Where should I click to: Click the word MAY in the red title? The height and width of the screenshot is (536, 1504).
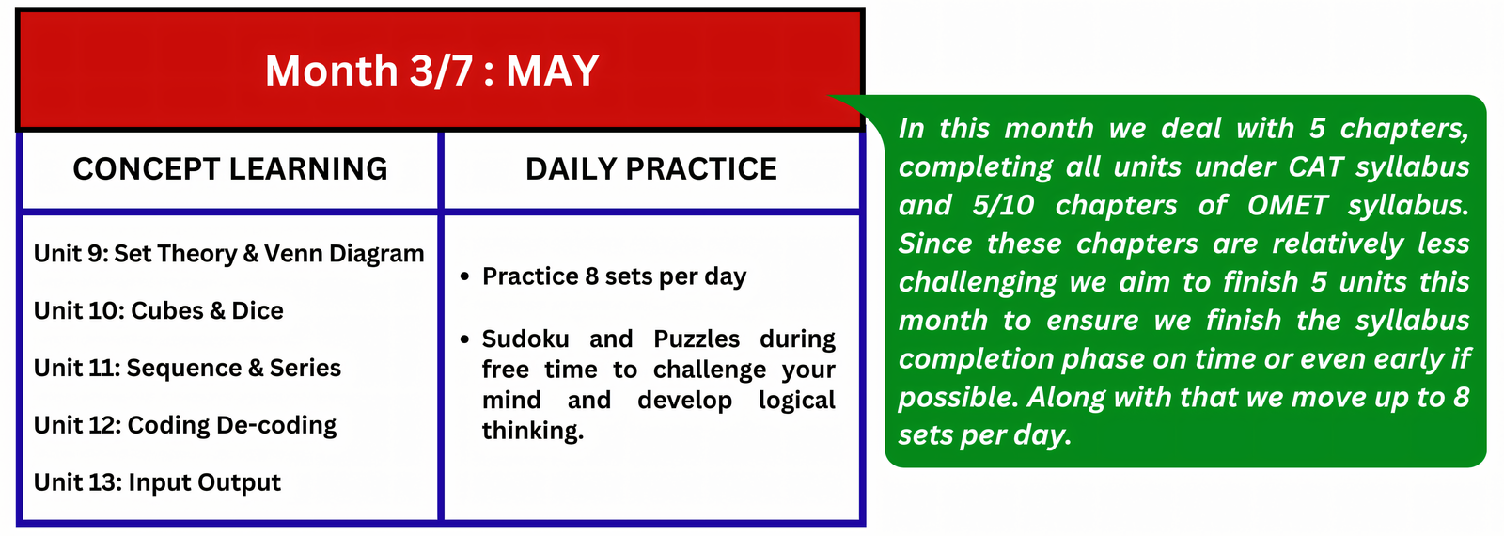click(552, 71)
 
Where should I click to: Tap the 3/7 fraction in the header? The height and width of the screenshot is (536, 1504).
click(441, 71)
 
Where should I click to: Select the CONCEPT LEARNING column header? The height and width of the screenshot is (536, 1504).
click(230, 168)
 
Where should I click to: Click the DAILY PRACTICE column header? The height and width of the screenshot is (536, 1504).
click(651, 168)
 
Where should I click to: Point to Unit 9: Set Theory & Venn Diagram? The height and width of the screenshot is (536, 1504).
click(229, 253)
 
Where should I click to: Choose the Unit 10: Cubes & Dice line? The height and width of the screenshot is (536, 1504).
click(159, 310)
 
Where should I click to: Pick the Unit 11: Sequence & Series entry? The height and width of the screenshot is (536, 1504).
click(187, 368)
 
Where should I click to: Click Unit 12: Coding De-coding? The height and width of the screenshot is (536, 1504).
click(185, 425)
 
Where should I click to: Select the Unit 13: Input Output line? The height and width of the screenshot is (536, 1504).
click(157, 482)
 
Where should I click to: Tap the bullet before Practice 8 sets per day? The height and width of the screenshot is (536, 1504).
click(464, 276)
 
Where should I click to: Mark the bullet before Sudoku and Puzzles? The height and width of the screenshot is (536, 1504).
click(464, 339)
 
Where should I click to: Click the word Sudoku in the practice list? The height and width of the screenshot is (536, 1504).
click(525, 339)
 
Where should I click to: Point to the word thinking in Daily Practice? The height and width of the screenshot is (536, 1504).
click(533, 431)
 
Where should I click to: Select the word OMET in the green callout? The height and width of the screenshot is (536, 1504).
click(1288, 205)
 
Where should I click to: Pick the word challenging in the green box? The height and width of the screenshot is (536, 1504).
click(978, 283)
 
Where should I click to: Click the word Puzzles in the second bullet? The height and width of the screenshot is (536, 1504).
click(697, 339)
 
